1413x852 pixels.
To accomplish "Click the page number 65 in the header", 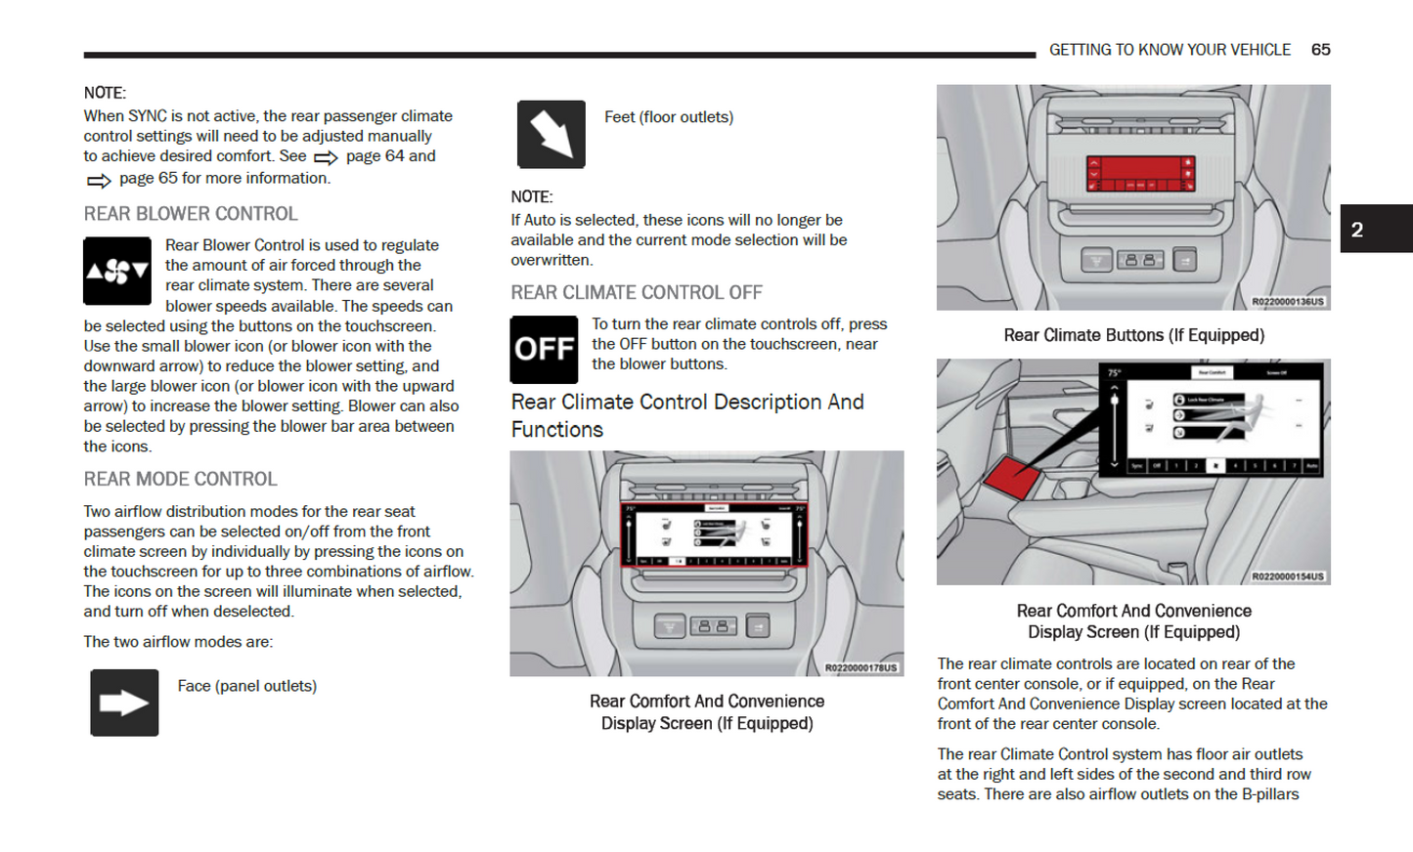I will coord(1320,50).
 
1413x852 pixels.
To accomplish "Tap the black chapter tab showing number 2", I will coord(1375,230).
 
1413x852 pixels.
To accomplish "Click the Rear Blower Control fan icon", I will coord(117,271).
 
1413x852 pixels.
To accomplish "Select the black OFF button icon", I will coord(544,349).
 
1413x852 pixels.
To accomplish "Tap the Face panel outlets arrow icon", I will coord(124,703).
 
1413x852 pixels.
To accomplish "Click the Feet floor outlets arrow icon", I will coord(552,134).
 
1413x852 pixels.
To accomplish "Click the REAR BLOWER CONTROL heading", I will coord(191,214).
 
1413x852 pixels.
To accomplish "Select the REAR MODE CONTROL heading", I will coord(181,480).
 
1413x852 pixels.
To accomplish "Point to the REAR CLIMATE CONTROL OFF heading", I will coord(637,293).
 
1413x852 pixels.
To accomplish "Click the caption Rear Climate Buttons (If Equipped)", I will coord(1133,335).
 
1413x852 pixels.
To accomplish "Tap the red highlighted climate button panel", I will coord(1140,174).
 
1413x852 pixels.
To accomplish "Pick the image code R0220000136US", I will coord(1288,302).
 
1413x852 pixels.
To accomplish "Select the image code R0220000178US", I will coord(861,668).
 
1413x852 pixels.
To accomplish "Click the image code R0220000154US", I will coord(1288,576).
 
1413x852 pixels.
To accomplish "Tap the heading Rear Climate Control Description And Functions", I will coord(686,415).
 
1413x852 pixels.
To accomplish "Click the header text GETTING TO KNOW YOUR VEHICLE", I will coord(1170,50).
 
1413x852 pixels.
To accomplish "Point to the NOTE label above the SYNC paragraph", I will coord(105,93).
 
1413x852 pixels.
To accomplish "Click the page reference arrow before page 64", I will coord(326,157).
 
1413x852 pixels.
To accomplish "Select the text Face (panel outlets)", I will coord(247,686).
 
